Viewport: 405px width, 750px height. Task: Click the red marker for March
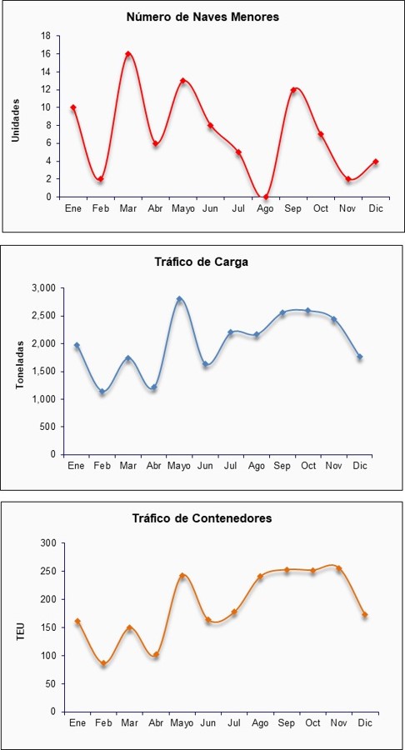click(x=128, y=54)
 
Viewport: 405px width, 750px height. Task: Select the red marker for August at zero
click(x=265, y=197)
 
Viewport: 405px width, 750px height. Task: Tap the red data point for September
click(x=293, y=90)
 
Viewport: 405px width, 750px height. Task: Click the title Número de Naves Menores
click(x=202, y=17)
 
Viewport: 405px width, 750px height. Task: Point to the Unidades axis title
click(x=16, y=120)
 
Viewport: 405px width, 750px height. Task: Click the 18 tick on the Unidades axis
click(x=46, y=36)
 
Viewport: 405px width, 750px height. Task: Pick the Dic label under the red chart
click(x=376, y=209)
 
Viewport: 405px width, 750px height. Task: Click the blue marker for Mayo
click(x=179, y=299)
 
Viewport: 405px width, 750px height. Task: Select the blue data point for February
click(x=102, y=392)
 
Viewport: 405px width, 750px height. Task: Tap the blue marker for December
click(x=359, y=357)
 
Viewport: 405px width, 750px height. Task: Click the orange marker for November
click(x=339, y=568)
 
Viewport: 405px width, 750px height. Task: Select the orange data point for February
click(x=103, y=663)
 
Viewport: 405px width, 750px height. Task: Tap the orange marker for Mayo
click(x=182, y=575)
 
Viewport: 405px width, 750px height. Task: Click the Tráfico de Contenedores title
click(x=202, y=518)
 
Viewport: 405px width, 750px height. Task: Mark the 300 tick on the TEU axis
click(x=50, y=543)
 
